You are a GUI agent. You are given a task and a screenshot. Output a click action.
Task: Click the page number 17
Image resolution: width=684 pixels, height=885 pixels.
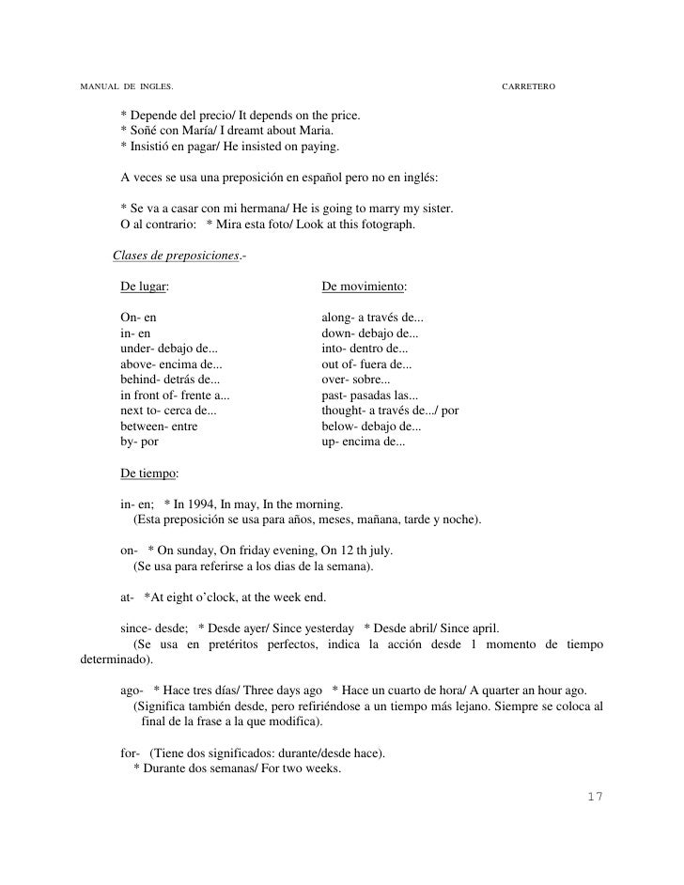(x=592, y=797)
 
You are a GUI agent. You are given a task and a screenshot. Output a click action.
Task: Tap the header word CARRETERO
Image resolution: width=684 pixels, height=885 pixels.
(x=529, y=86)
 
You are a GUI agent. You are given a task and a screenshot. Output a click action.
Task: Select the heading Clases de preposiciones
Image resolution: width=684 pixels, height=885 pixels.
(x=175, y=256)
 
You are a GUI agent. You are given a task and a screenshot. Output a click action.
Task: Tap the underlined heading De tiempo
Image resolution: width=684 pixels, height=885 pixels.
(x=148, y=473)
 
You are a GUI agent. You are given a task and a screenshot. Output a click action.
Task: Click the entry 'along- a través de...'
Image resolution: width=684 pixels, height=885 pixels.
(x=372, y=318)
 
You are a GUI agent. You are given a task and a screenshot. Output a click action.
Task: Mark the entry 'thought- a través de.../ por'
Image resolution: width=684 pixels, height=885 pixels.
(x=390, y=411)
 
